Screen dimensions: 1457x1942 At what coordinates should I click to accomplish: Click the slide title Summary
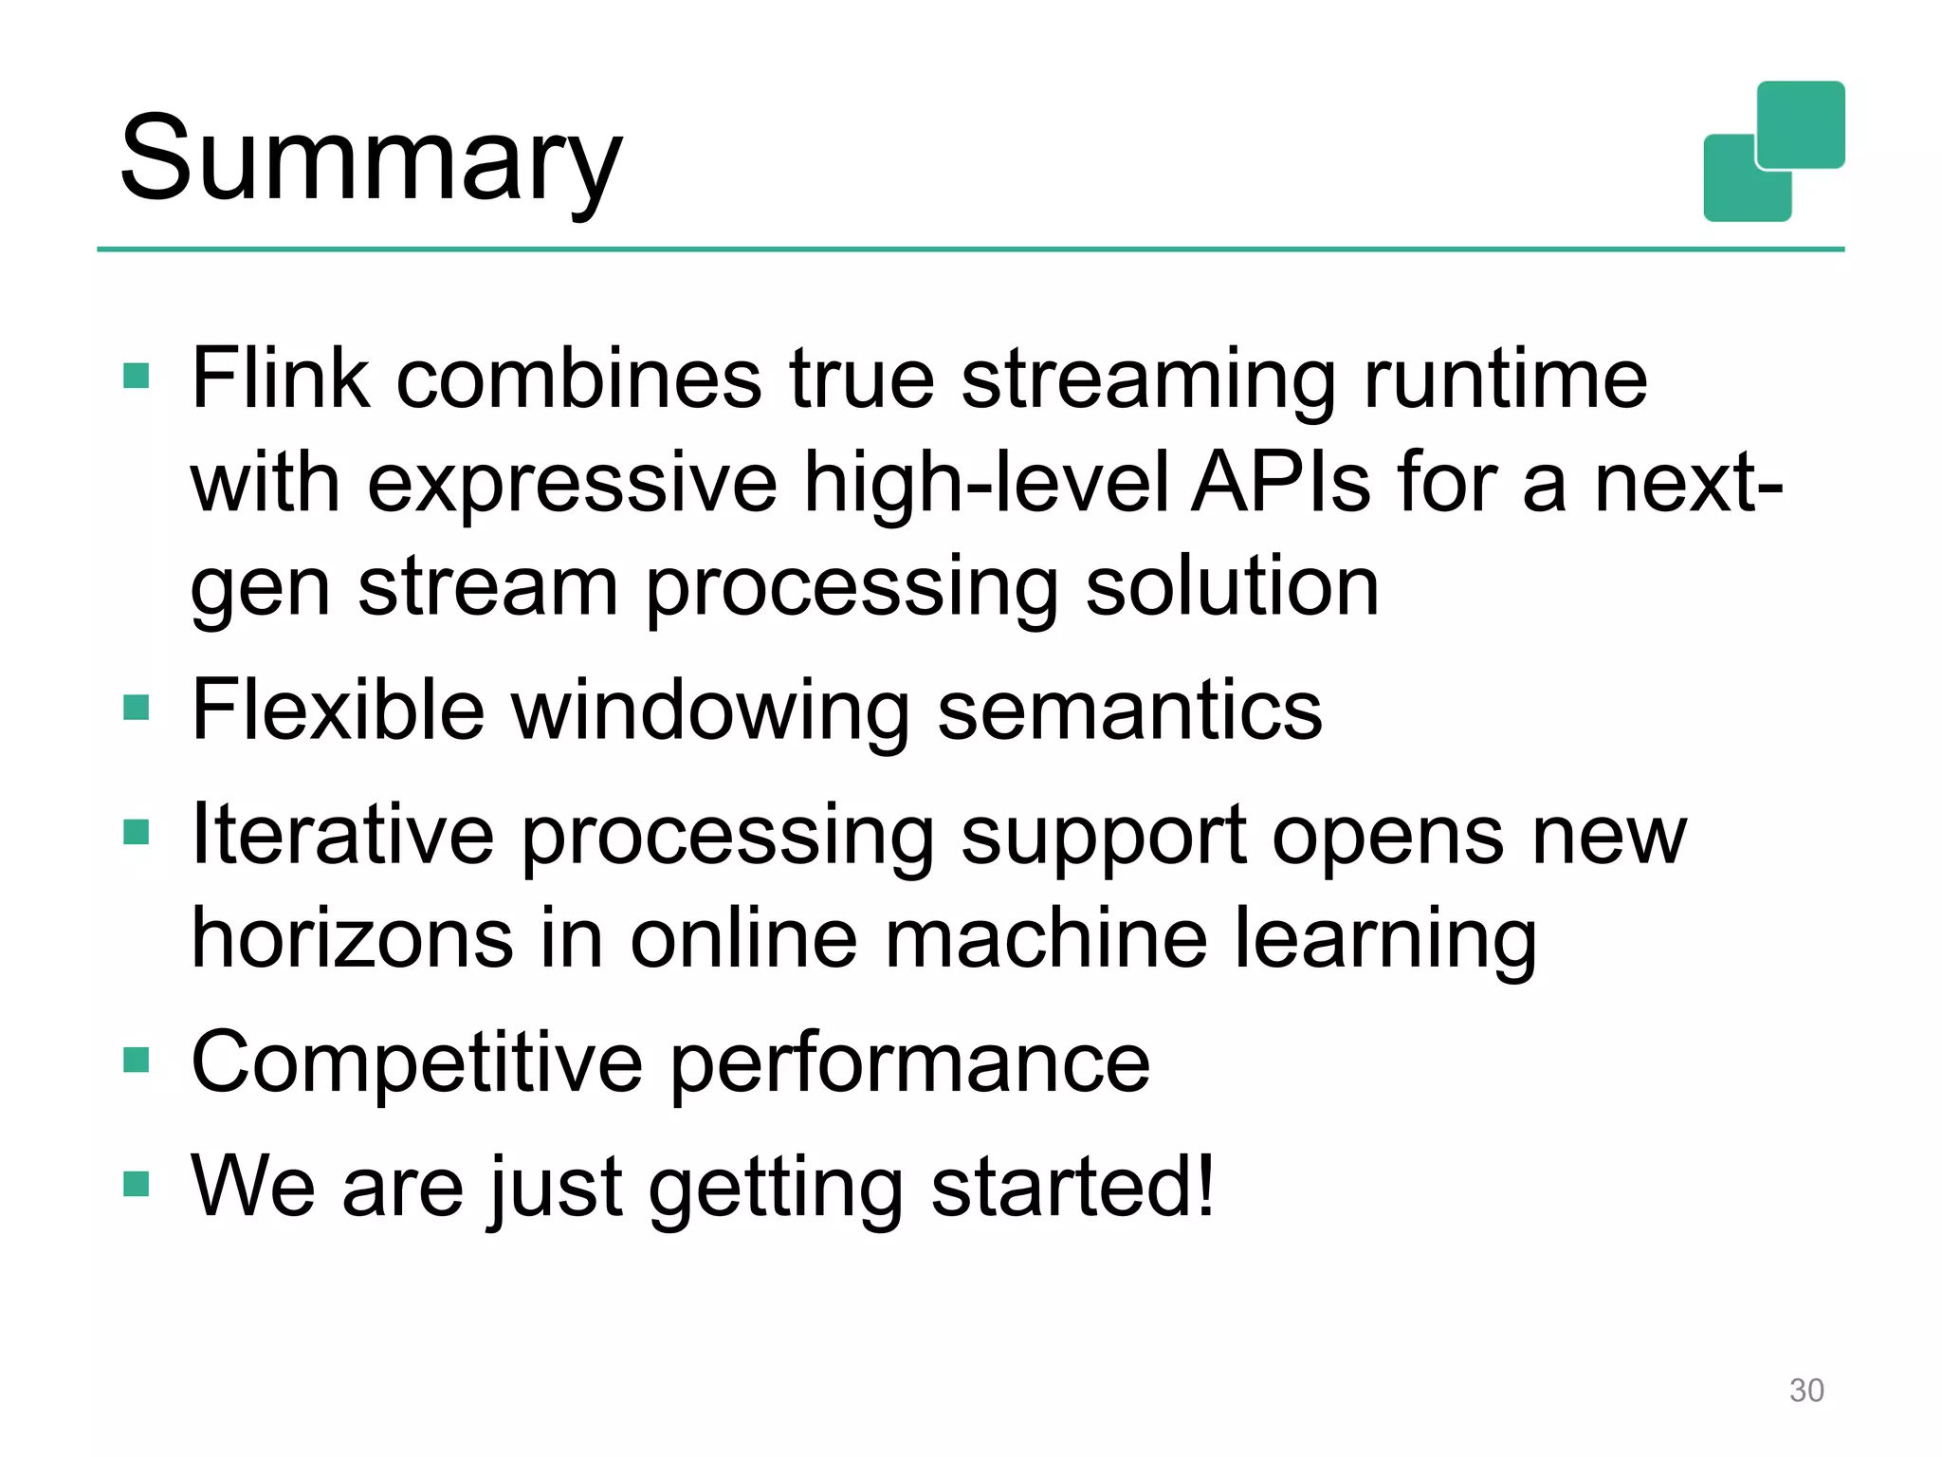[371, 159]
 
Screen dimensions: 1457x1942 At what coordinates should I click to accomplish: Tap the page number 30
[1805, 1390]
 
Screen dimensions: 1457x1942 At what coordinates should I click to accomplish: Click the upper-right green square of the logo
[1800, 124]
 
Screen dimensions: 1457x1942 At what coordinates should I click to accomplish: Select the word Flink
[280, 378]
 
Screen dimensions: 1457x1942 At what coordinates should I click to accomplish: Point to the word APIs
[1280, 483]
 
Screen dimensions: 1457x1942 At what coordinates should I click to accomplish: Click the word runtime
[1505, 378]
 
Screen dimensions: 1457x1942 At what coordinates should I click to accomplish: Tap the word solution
[1232, 587]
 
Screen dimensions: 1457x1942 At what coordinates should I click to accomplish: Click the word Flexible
[338, 710]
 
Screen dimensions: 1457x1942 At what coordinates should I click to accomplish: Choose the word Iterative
[342, 835]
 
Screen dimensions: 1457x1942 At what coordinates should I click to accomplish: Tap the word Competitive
[417, 1062]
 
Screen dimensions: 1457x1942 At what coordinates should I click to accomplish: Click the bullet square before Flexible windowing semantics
[137, 708]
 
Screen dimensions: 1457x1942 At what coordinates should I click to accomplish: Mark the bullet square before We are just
[137, 1184]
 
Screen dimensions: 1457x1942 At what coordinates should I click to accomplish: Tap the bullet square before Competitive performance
[137, 1059]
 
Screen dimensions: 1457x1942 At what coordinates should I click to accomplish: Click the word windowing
[711, 712]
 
